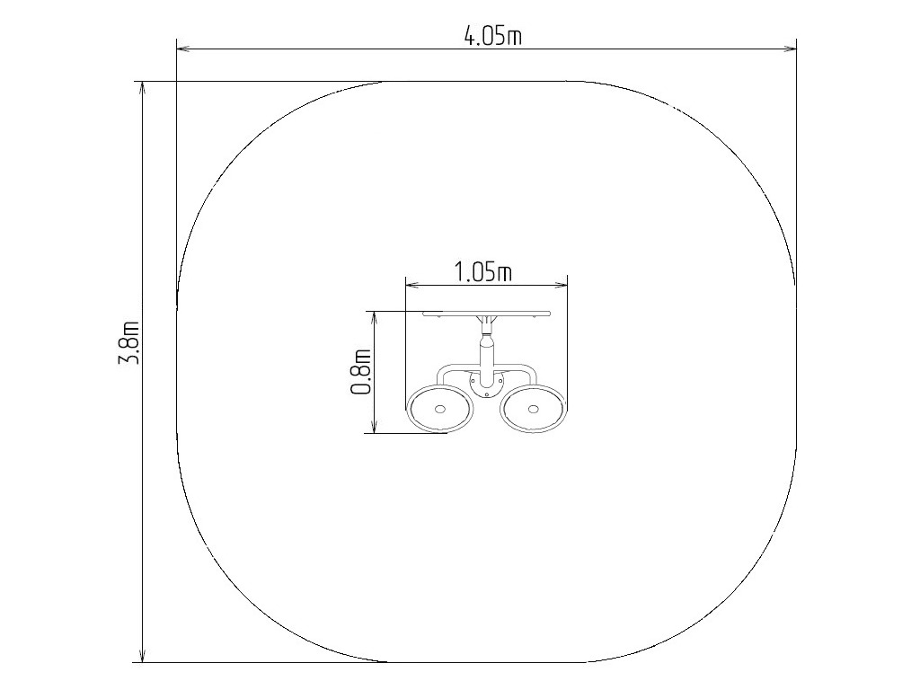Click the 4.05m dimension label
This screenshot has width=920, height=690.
coord(493,36)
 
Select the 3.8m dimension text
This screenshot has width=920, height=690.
coord(128,342)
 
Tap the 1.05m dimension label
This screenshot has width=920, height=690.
coord(482,272)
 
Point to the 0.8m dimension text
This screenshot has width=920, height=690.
coord(361,371)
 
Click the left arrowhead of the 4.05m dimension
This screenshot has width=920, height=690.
coord(185,50)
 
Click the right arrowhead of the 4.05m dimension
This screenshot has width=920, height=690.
coord(788,50)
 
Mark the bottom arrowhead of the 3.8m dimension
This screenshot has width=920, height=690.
coord(142,654)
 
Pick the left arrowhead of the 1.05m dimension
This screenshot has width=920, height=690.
coord(413,286)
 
